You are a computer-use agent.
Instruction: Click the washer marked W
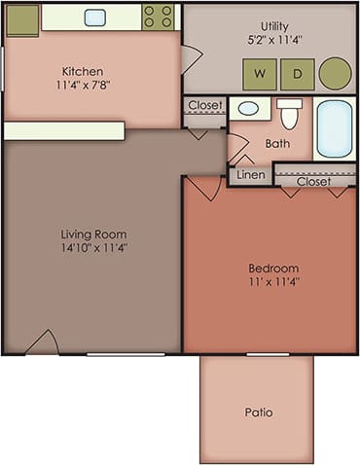pyautogui.click(x=260, y=73)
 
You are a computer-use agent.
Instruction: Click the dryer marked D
pyautogui.click(x=297, y=73)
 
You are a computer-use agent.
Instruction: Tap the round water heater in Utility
pyautogui.click(x=335, y=73)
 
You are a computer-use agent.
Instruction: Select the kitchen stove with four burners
pyautogui.click(x=158, y=16)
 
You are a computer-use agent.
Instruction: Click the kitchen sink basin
pyautogui.click(x=95, y=17)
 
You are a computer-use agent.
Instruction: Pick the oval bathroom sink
pyautogui.click(x=249, y=109)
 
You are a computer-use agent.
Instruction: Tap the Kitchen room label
pyautogui.click(x=82, y=71)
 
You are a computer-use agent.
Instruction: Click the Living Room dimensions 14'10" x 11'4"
pyautogui.click(x=94, y=248)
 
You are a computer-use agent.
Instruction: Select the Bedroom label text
pyautogui.click(x=273, y=268)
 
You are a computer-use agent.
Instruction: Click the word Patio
pyautogui.click(x=258, y=412)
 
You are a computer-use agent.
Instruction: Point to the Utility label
pyautogui.click(x=278, y=25)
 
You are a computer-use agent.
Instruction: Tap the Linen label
pyautogui.click(x=251, y=175)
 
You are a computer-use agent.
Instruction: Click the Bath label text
pyautogui.click(x=278, y=144)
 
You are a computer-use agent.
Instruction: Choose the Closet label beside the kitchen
pyautogui.click(x=205, y=105)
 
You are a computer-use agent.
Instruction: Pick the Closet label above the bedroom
pyautogui.click(x=313, y=181)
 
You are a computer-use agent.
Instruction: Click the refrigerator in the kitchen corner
pyautogui.click(x=20, y=18)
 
